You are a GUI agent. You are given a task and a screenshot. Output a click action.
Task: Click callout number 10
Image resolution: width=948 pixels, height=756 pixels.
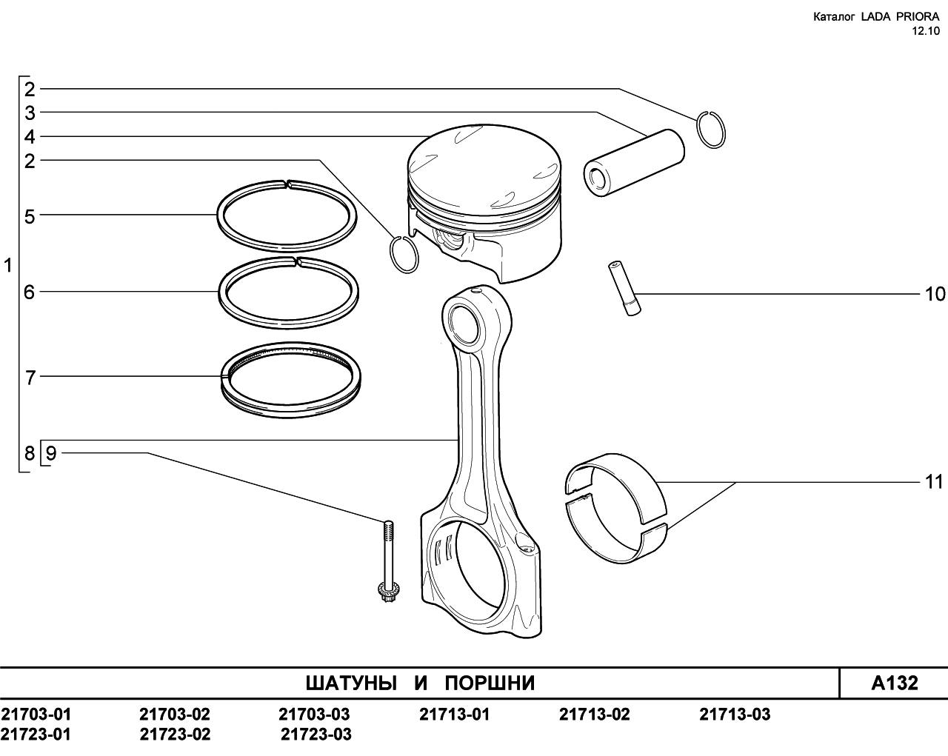[x=935, y=294]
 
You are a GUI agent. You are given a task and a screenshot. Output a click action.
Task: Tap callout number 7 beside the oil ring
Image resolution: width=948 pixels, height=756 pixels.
[x=30, y=378]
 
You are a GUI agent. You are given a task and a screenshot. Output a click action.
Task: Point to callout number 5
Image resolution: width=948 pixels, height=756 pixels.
[x=30, y=217]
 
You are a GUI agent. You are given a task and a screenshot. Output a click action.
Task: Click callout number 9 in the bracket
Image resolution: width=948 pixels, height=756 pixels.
[x=50, y=453]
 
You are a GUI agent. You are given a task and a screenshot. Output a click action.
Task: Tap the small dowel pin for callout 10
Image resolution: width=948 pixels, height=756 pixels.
[x=624, y=289]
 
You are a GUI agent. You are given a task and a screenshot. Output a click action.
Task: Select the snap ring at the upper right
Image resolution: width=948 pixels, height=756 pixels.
[x=711, y=130]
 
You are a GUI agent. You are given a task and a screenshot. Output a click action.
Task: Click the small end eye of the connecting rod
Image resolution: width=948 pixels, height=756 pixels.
[x=466, y=322]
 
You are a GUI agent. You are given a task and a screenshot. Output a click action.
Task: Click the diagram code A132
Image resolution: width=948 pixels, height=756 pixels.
[x=894, y=683]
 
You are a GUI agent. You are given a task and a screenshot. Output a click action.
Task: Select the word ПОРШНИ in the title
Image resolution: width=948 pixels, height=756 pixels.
[x=490, y=683]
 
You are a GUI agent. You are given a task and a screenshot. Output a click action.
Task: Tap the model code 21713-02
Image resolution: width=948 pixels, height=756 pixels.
[x=595, y=715]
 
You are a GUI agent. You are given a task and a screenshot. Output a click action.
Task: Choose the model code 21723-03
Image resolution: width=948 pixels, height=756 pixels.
[x=316, y=735]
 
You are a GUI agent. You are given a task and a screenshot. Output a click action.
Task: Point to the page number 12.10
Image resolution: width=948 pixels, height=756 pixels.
[x=926, y=30]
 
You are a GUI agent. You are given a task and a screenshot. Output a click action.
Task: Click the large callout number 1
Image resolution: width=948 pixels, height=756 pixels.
[x=9, y=265]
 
